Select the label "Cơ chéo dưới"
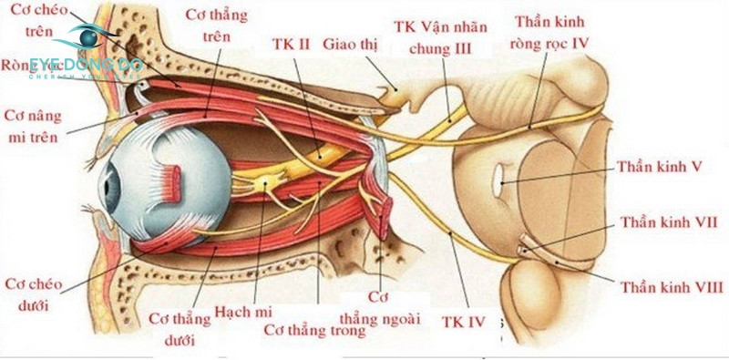click(34, 293)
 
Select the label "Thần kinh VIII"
click(671, 289)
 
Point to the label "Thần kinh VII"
click(669, 222)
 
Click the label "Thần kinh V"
click(658, 167)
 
